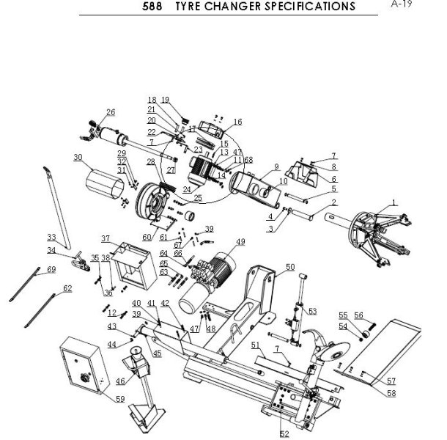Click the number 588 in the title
tap(155, 7)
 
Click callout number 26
tap(111, 112)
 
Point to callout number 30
tap(78, 157)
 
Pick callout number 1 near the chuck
tap(394, 202)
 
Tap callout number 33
tap(51, 237)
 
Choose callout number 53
tap(312, 311)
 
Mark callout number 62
tap(68, 290)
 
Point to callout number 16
tap(237, 122)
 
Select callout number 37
tap(106, 239)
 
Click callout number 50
tap(290, 268)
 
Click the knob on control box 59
tap(84, 378)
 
